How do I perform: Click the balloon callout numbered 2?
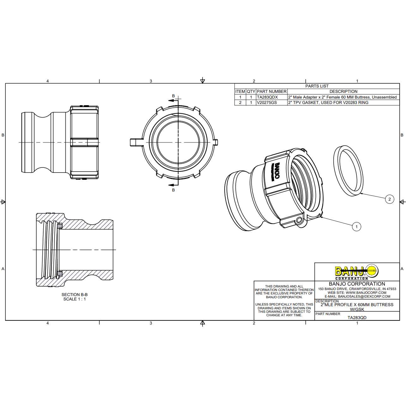(389, 199)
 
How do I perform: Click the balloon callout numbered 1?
(356, 227)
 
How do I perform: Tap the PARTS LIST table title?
(317, 86)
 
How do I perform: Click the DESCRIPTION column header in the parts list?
(343, 91)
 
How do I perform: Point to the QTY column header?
(251, 91)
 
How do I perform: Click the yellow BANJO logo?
(357, 272)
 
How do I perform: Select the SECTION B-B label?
(74, 294)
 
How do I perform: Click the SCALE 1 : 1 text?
(74, 299)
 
